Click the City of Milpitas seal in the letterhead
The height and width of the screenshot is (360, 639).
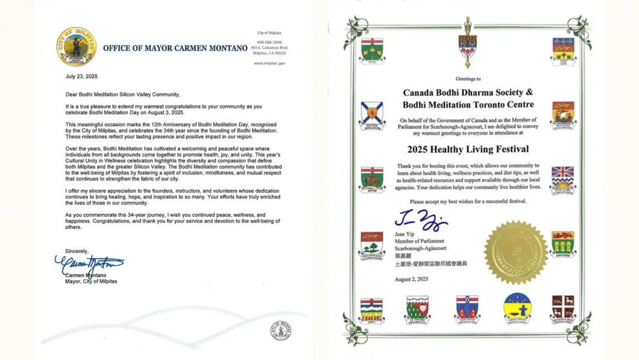[x=77, y=46]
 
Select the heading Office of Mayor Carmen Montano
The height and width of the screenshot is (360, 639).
[x=175, y=48]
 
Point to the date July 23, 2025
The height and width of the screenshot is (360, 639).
[x=82, y=76]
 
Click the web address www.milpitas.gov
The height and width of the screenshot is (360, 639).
[x=269, y=63]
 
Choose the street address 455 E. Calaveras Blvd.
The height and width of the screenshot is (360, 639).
[x=269, y=47]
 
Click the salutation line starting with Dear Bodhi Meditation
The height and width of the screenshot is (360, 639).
[x=122, y=94]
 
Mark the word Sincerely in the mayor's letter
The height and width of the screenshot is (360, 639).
[x=77, y=251]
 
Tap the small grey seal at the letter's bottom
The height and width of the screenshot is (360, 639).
[x=281, y=330]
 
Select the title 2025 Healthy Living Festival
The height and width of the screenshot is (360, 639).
[x=468, y=149]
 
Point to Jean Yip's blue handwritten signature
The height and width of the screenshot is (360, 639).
[x=421, y=221]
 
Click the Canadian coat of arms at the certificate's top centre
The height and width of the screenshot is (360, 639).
[x=467, y=45]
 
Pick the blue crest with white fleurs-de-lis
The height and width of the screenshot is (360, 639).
[x=563, y=49]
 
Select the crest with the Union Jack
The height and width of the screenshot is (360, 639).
[x=563, y=178]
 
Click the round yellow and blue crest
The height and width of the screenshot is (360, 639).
[x=517, y=308]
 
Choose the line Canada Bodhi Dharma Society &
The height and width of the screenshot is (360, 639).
[x=468, y=92]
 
